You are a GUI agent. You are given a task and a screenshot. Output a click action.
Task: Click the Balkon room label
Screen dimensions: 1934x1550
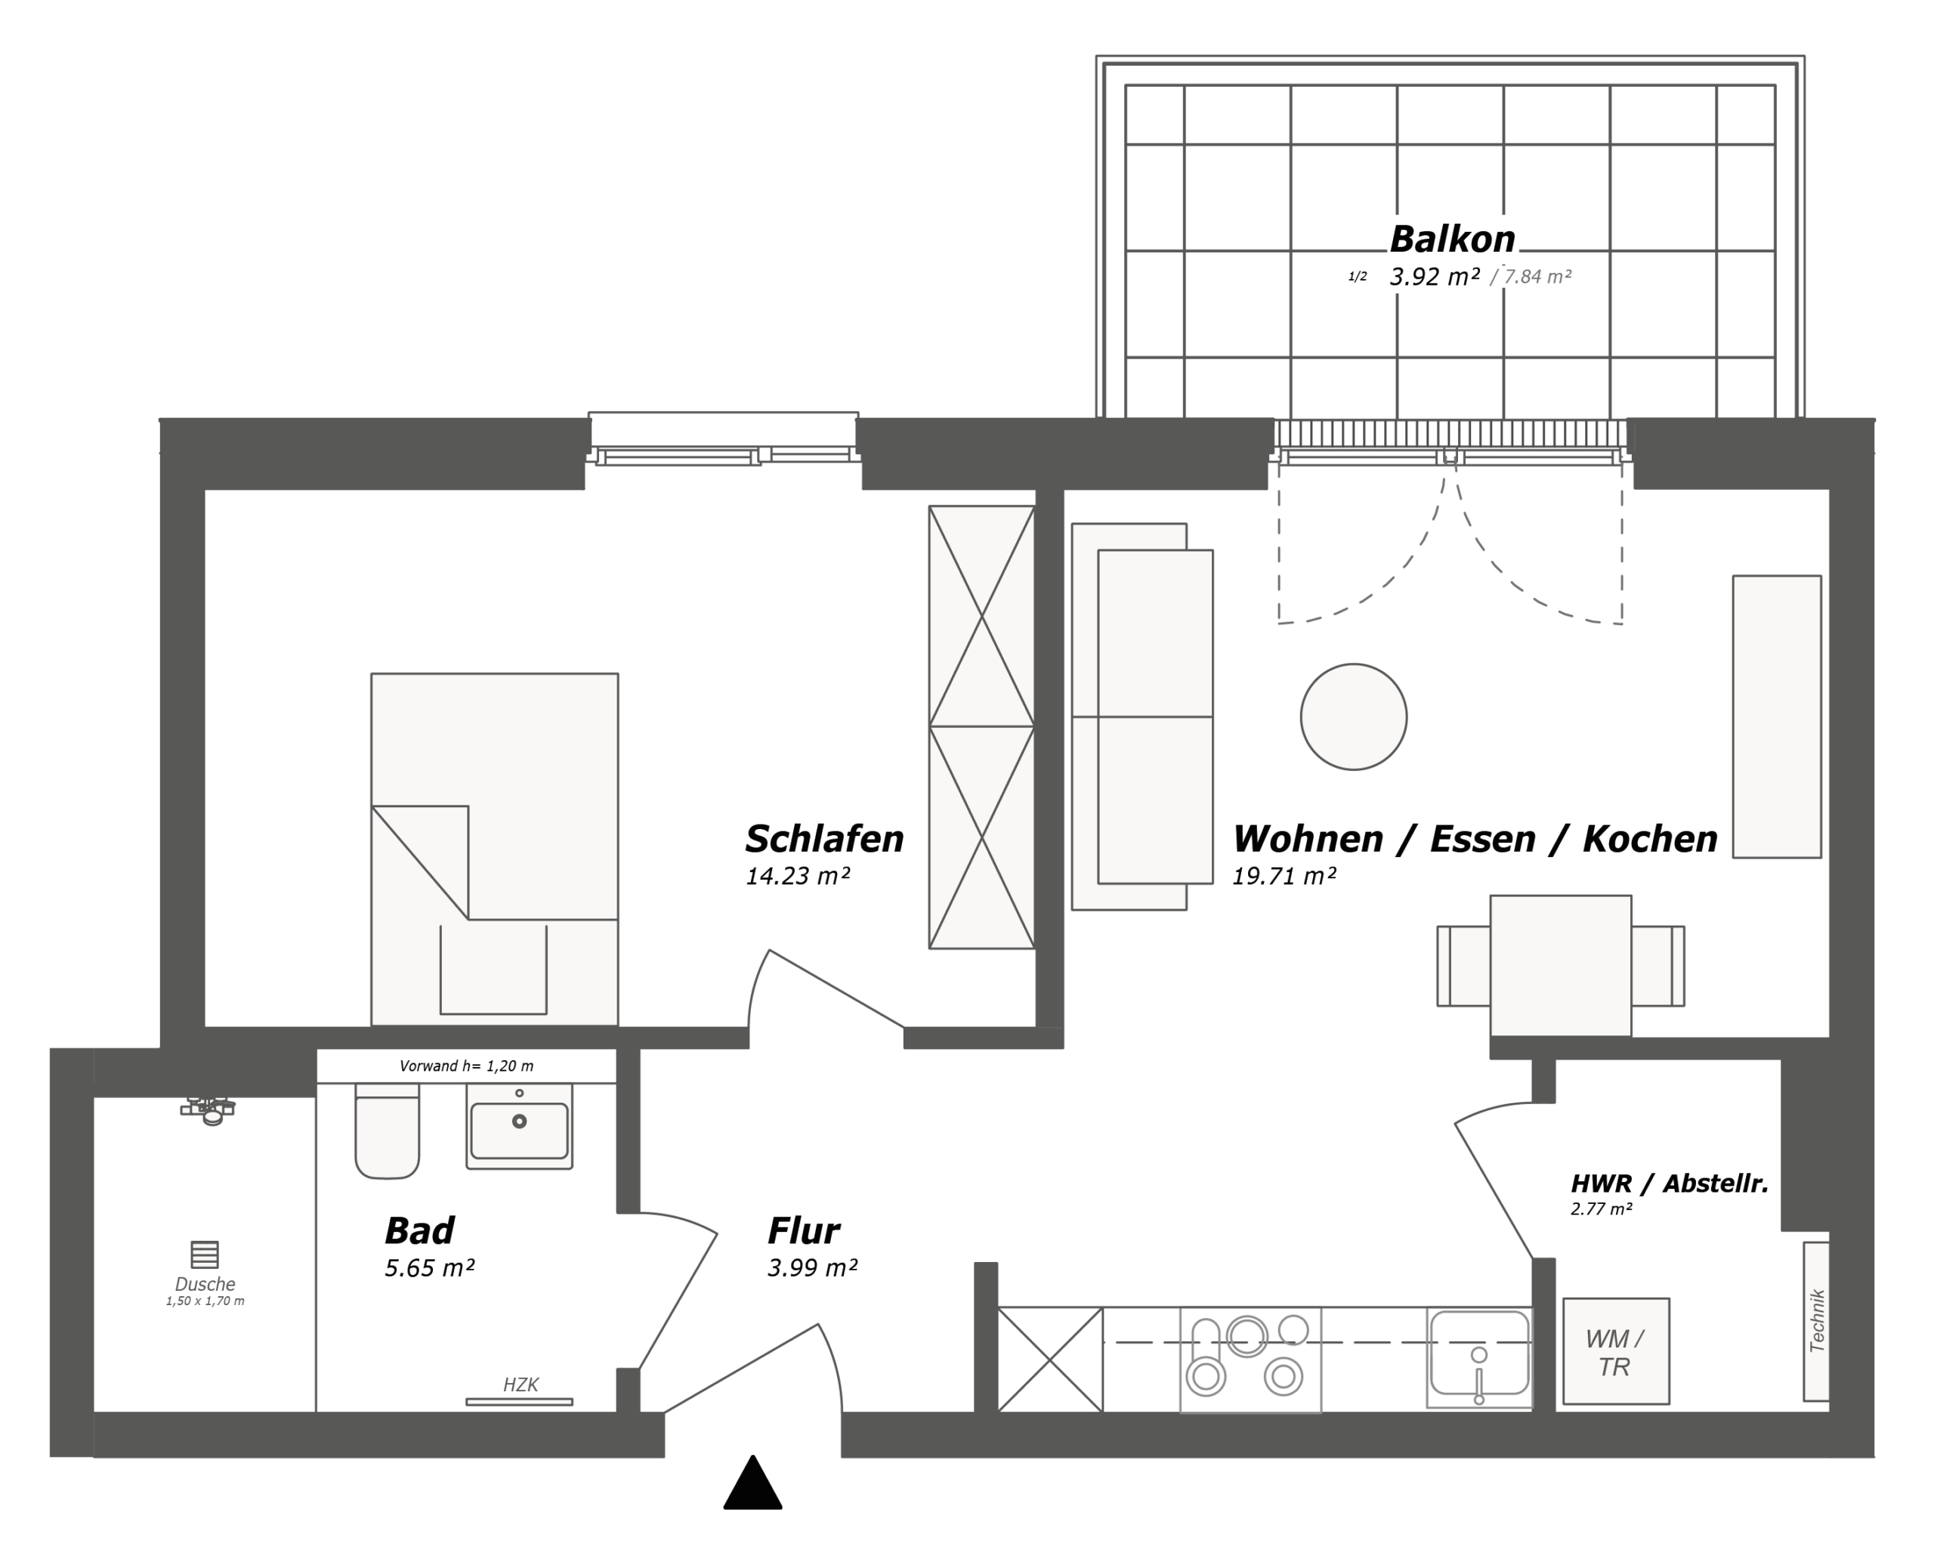coord(1452,239)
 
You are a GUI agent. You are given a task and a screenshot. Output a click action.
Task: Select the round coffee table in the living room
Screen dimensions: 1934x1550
coord(1354,716)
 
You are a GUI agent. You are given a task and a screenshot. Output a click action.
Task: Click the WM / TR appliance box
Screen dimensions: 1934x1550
coord(1615,1350)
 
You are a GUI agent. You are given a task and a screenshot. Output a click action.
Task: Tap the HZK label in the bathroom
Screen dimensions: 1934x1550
coord(521,1384)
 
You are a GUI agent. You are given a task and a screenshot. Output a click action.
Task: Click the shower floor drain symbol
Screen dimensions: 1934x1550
coord(205,1254)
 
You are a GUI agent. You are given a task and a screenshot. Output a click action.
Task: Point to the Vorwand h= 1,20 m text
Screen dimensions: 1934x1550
coord(466,1066)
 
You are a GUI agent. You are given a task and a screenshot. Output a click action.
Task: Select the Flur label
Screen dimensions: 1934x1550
coord(804,1231)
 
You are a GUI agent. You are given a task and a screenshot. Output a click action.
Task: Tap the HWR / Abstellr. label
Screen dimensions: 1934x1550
coord(1670,1183)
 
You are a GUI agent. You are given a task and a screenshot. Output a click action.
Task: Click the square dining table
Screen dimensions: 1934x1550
coord(1561,965)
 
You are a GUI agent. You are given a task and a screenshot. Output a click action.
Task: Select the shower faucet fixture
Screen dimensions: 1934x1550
coord(208,1110)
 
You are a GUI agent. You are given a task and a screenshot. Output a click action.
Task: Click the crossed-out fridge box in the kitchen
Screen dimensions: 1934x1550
coord(1049,1360)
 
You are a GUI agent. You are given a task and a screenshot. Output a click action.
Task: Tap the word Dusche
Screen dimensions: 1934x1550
coord(205,1284)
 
